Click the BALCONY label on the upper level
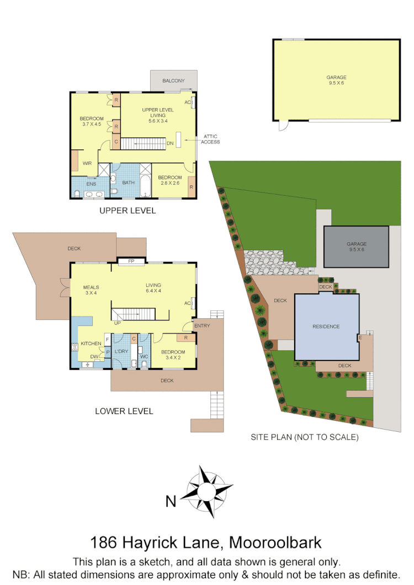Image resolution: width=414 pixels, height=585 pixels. (173, 81)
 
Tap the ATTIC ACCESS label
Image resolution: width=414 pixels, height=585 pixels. (211, 139)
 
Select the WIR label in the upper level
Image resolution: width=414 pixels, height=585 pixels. (87, 163)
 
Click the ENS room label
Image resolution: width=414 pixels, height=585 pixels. (91, 184)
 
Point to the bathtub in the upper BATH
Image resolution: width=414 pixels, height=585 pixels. (145, 186)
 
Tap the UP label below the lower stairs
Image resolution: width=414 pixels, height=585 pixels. (118, 323)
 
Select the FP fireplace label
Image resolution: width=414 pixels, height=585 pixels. (131, 261)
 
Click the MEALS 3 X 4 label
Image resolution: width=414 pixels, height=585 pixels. (90, 290)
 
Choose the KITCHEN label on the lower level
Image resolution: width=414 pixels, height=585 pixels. (91, 344)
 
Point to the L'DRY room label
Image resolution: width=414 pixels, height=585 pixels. (121, 351)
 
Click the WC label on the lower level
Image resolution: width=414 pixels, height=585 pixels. (144, 357)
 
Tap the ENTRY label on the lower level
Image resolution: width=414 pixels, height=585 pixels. (202, 325)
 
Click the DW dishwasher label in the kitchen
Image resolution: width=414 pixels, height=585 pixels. (94, 357)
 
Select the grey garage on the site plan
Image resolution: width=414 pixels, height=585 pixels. (356, 246)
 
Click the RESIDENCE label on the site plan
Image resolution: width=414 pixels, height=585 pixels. (326, 326)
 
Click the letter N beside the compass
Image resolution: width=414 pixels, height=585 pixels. (171, 501)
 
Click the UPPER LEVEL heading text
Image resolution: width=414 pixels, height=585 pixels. (128, 211)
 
